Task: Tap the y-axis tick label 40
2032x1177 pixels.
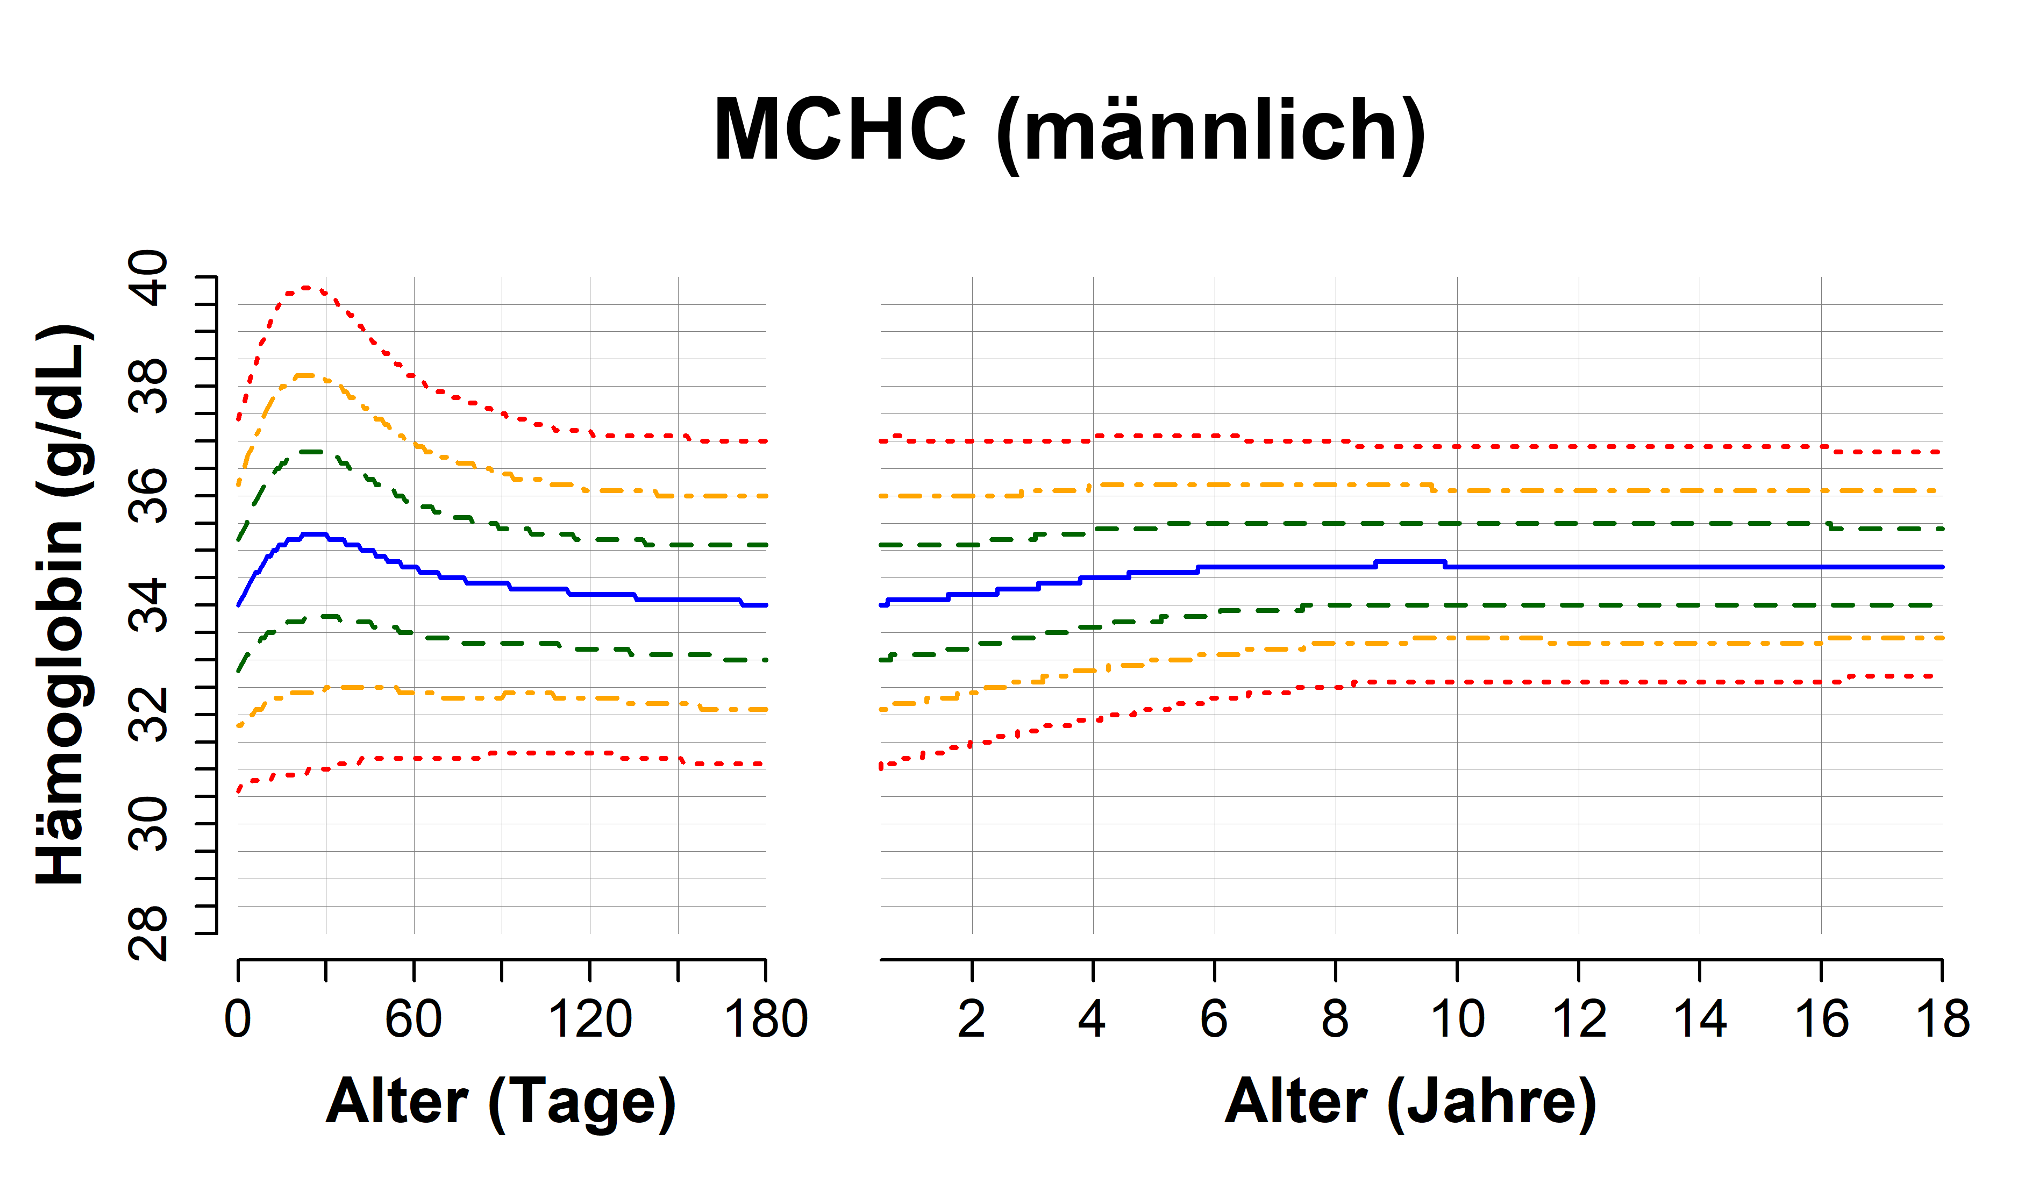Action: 149,278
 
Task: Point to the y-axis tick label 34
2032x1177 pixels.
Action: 149,605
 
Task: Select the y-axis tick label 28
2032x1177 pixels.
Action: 149,933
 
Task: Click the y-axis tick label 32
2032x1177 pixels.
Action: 149,714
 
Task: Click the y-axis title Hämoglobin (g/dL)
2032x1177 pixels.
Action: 60,604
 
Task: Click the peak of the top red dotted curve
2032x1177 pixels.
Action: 306,288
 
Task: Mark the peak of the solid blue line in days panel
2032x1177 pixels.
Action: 313,534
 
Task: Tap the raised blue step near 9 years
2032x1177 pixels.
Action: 1409,561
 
